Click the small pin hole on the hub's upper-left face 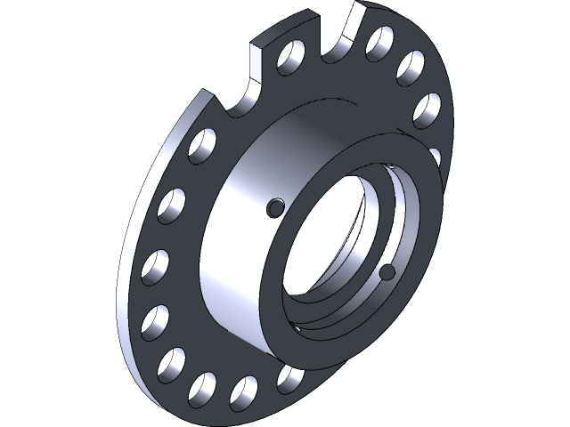[x=276, y=207]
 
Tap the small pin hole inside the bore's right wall [x=387, y=271]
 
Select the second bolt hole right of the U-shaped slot [x=411, y=65]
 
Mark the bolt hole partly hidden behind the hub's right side [x=436, y=157]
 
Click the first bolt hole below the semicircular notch [x=202, y=146]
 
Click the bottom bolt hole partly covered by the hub [x=287, y=381]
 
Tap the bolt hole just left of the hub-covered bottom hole [x=242, y=392]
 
